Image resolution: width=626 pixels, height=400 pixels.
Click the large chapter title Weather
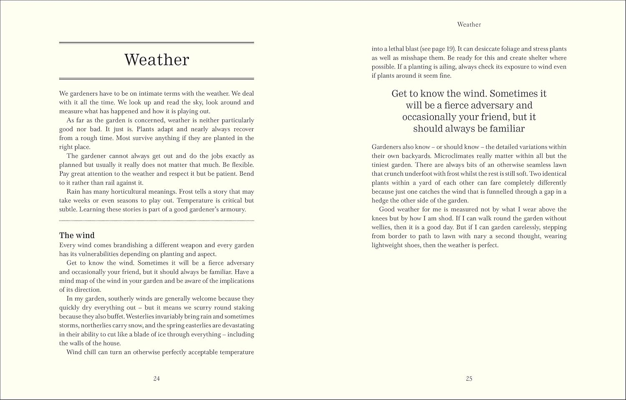click(x=156, y=60)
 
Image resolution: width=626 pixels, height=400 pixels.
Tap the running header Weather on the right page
click(x=469, y=25)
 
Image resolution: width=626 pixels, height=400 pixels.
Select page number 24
click(x=156, y=379)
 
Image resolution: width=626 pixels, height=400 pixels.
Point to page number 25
click(x=469, y=379)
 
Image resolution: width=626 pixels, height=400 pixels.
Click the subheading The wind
click(x=77, y=235)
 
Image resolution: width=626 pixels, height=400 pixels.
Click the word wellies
click(x=381, y=228)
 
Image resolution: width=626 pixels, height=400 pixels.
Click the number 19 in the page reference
click(x=450, y=49)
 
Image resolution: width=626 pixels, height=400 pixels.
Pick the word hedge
click(x=381, y=200)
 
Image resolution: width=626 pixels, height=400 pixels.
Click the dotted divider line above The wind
click(x=156, y=220)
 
